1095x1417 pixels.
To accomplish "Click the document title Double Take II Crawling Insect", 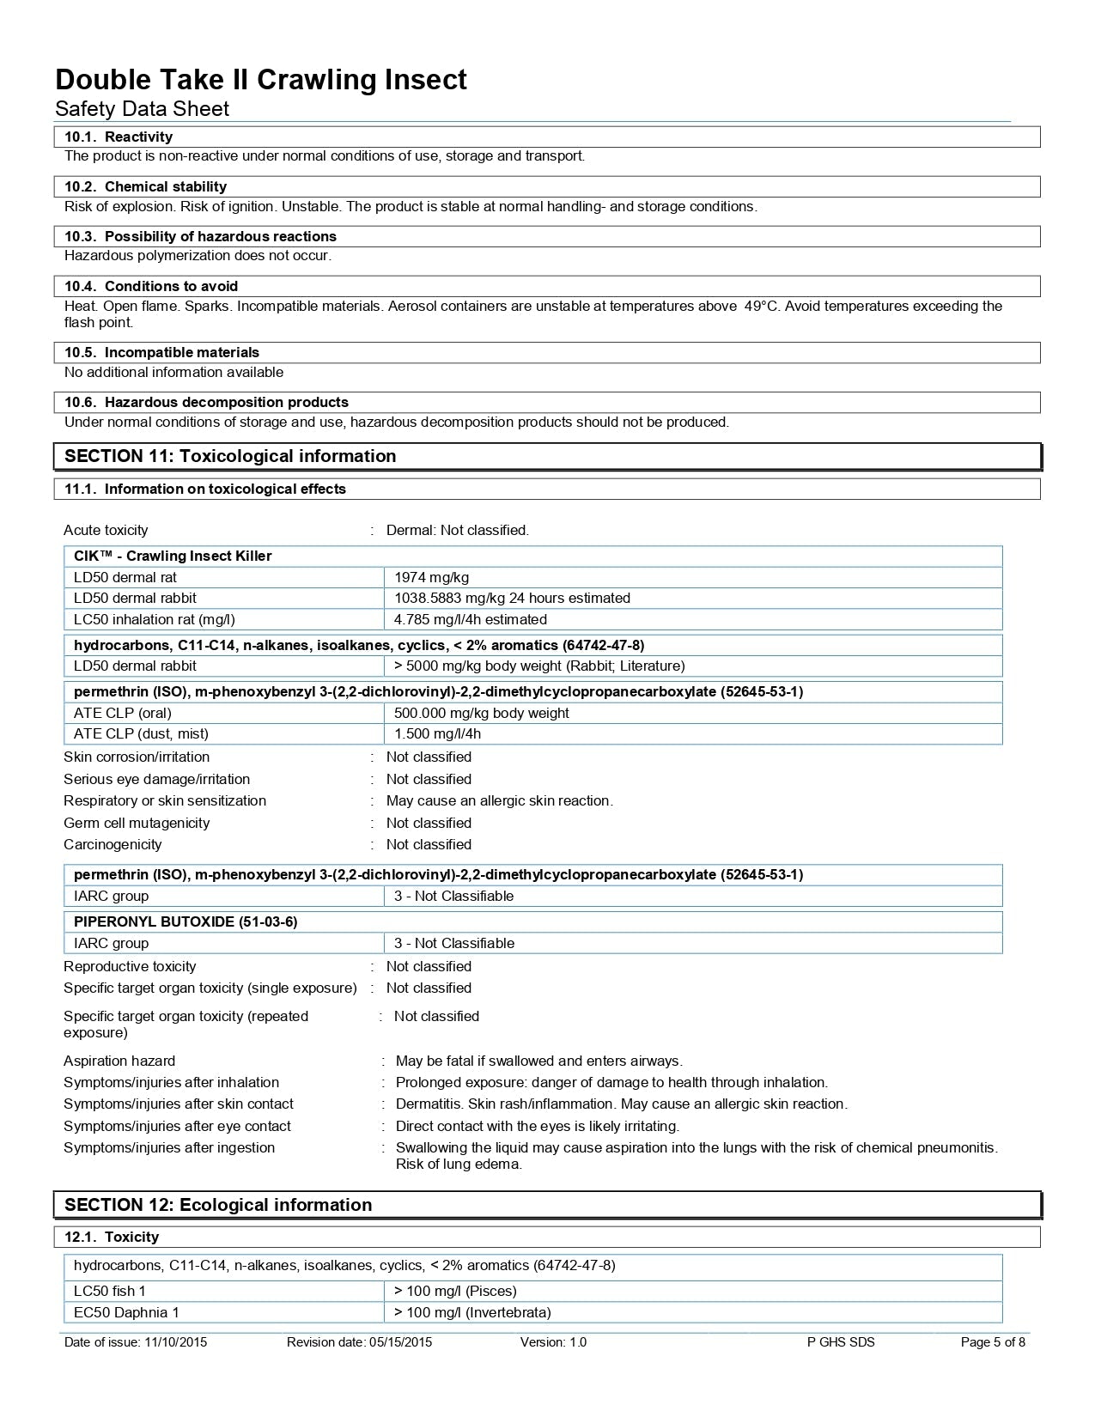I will point(261,80).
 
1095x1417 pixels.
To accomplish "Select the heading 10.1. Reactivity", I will point(119,137).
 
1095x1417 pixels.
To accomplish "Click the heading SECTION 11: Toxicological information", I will point(230,456).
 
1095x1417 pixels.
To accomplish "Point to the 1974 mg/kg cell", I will point(431,577).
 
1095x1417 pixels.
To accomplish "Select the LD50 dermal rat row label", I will point(125,577).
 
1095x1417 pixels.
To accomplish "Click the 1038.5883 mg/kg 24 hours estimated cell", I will point(512,598).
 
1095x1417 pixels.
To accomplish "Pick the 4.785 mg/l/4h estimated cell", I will point(470,619).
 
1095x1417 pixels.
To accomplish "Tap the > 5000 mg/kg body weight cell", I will point(539,666).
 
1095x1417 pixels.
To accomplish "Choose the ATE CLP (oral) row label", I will point(123,713).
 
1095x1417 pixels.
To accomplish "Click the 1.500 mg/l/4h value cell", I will point(437,733).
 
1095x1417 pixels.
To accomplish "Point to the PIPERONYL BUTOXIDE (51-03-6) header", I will point(186,921).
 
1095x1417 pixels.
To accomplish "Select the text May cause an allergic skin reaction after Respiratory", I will point(499,800).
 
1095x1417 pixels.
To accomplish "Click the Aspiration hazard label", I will point(119,1061).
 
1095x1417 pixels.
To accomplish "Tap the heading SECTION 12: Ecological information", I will point(218,1205).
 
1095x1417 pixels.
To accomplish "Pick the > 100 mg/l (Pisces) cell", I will point(455,1291).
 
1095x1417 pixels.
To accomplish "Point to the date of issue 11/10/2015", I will point(136,1342).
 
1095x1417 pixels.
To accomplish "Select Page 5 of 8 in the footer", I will point(993,1342).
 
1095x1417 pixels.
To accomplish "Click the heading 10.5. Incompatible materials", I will point(161,352).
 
